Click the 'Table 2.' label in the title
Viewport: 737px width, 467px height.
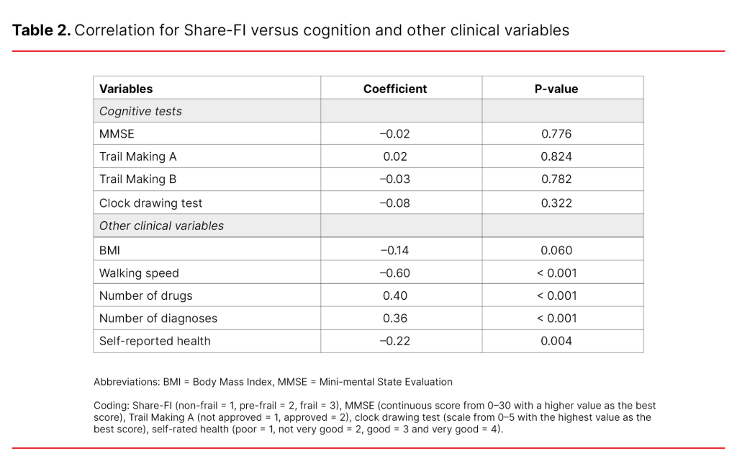(x=40, y=30)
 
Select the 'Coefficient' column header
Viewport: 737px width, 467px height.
(x=394, y=89)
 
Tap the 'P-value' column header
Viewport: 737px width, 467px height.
(x=556, y=89)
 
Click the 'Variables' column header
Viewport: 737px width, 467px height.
(x=126, y=89)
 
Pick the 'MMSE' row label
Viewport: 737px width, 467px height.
(x=117, y=133)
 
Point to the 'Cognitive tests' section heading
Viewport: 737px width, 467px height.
(x=140, y=111)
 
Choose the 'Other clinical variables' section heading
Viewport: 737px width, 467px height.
(x=161, y=226)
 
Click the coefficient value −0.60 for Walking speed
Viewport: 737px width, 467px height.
(x=394, y=273)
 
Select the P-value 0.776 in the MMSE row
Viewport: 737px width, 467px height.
(x=556, y=133)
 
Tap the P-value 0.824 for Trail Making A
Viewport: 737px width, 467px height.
(x=556, y=156)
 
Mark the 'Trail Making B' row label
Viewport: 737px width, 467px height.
(x=137, y=179)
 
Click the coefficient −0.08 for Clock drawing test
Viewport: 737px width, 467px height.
(x=394, y=203)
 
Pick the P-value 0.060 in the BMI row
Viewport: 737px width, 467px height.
(x=556, y=250)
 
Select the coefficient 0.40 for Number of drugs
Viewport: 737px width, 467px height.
(x=394, y=295)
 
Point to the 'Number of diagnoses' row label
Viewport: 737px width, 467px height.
(x=158, y=318)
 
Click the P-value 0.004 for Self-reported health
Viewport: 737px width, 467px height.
(x=556, y=341)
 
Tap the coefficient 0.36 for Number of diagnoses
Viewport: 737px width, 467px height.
(x=394, y=318)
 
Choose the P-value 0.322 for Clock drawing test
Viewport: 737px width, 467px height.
(x=556, y=203)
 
